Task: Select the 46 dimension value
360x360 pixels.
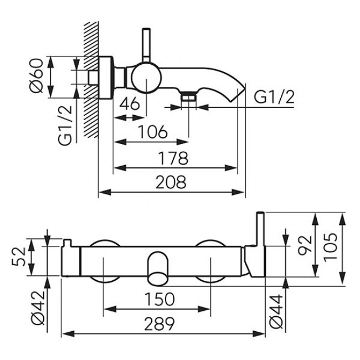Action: [x=128, y=104]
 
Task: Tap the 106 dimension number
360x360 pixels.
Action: [x=153, y=132]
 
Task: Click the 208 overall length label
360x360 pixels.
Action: [x=171, y=182]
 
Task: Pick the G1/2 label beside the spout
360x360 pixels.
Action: [x=274, y=97]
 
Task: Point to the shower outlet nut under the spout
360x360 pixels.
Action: [x=189, y=99]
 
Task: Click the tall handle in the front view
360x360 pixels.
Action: [x=259, y=244]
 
